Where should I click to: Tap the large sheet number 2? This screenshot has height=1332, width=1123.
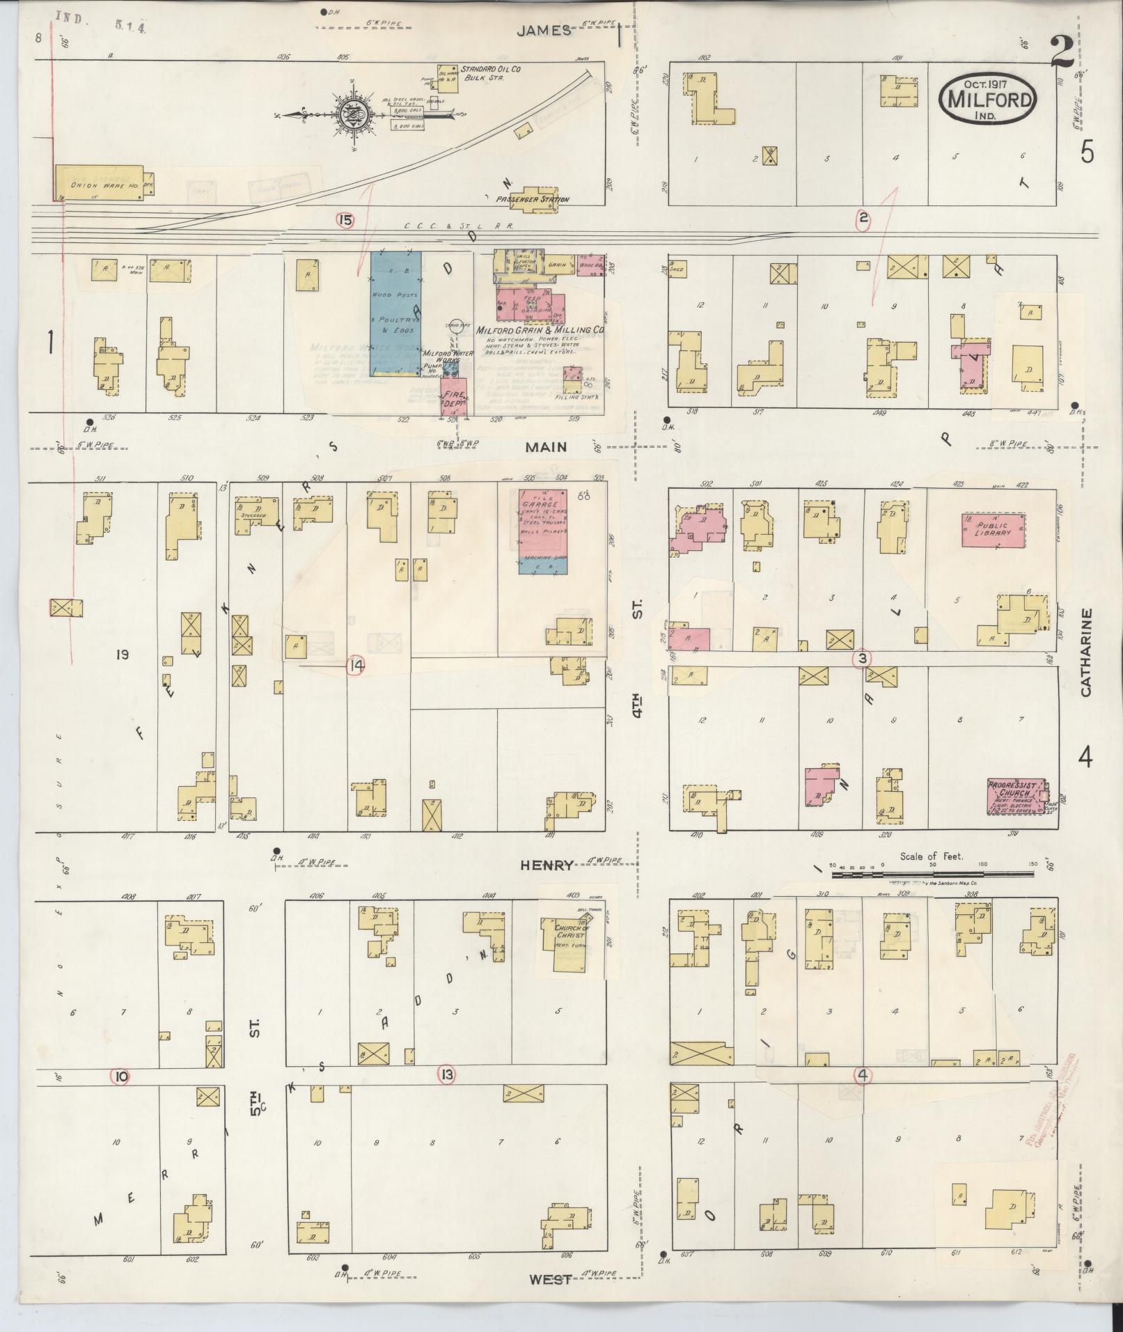click(1062, 53)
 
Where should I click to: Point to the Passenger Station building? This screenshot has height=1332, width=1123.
click(536, 194)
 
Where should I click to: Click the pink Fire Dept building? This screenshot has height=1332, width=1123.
click(453, 397)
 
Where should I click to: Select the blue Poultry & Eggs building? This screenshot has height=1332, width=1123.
click(395, 313)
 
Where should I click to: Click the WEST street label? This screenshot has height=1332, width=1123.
click(550, 1279)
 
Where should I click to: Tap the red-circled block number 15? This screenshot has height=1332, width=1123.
click(345, 220)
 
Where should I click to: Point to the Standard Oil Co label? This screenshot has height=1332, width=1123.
click(490, 70)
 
